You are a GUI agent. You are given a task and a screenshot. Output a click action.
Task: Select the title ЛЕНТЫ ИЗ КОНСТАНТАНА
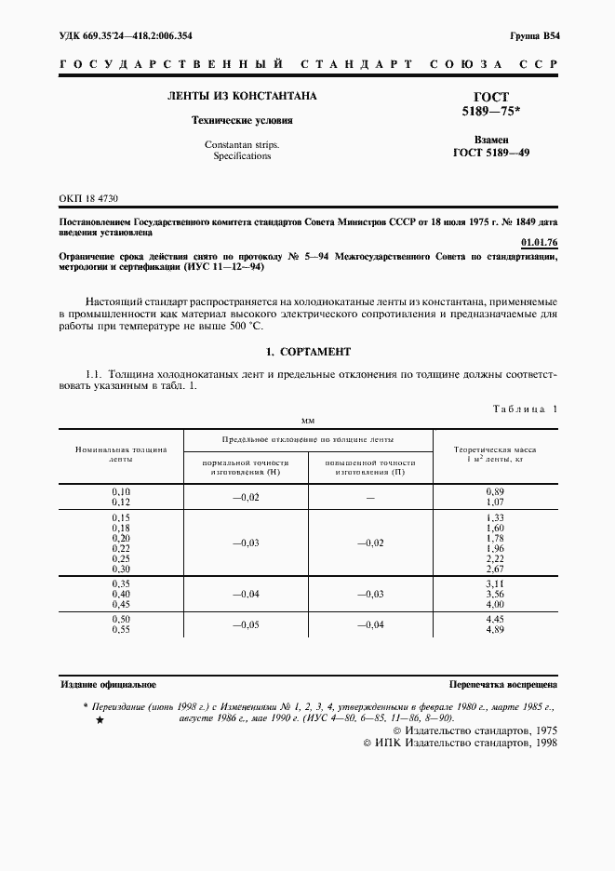(x=241, y=96)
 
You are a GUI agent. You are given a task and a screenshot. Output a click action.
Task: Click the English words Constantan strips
(x=241, y=144)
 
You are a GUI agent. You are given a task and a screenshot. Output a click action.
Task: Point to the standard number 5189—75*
(x=491, y=111)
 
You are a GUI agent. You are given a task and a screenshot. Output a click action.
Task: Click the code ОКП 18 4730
(x=89, y=199)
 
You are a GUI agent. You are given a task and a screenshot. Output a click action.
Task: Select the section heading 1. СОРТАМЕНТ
(x=308, y=352)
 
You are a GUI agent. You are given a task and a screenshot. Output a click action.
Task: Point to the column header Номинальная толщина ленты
(x=121, y=454)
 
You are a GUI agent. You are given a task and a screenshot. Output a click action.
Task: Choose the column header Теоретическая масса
(x=494, y=449)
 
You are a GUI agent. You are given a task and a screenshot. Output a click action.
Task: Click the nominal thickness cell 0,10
(x=121, y=490)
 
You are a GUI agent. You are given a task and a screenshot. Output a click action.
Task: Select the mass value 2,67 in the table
(x=495, y=569)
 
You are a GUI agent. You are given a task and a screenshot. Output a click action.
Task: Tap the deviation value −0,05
(x=246, y=625)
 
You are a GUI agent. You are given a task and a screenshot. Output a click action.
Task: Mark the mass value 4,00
(x=495, y=603)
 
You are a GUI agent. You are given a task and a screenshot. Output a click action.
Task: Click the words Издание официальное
(x=108, y=683)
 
